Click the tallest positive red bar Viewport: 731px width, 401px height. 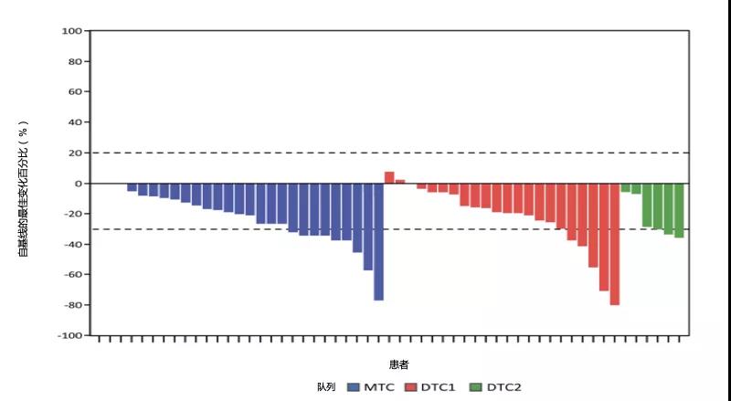(389, 177)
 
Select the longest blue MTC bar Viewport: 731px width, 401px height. (378, 241)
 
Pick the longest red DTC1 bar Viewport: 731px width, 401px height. (614, 244)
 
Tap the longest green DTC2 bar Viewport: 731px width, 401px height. (679, 210)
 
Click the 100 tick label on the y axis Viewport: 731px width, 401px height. (72, 31)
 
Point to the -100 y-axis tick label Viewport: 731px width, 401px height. (69, 335)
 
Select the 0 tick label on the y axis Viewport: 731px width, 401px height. (78, 184)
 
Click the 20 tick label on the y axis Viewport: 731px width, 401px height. (74, 153)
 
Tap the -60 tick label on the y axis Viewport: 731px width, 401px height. (71, 274)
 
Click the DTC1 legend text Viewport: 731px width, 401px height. (439, 387)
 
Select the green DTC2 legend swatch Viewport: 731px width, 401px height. (474, 387)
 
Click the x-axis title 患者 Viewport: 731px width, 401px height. (398, 364)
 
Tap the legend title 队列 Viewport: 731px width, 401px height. (327, 387)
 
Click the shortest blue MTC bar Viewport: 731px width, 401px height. (132, 187)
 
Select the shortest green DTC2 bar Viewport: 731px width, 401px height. (626, 187)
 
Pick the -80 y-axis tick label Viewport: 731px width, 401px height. (71, 305)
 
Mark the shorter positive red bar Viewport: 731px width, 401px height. (400, 182)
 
